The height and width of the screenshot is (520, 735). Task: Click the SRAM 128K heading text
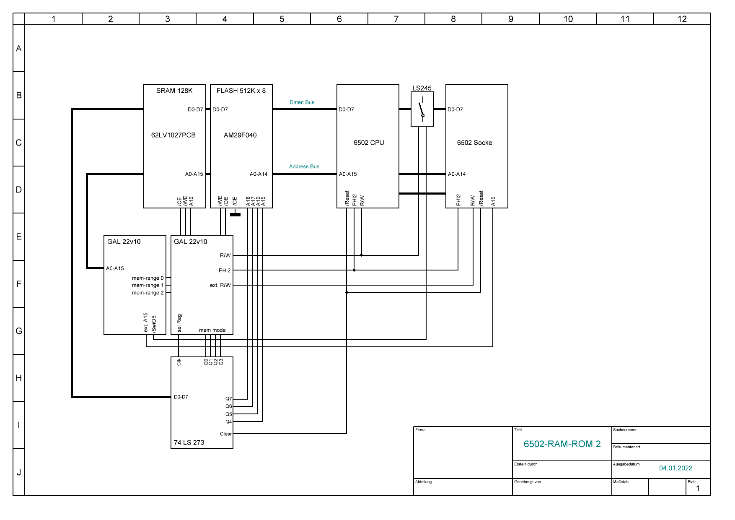(x=174, y=91)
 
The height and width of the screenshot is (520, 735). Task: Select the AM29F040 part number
(x=240, y=135)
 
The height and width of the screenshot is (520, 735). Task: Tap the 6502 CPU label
(x=369, y=143)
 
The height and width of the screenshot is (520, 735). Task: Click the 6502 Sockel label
(x=475, y=143)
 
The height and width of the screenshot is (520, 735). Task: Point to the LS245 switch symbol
(x=422, y=109)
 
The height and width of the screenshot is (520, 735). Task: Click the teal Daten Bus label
(x=302, y=102)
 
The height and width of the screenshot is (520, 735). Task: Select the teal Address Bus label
(x=304, y=166)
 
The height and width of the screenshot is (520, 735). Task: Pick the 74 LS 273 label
(x=189, y=442)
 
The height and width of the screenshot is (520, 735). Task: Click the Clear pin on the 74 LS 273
(x=226, y=434)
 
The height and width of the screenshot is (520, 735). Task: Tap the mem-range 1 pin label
(x=148, y=285)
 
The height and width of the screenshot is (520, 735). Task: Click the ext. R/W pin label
(x=220, y=285)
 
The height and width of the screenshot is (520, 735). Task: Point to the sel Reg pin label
(x=179, y=323)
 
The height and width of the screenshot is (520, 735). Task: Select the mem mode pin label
(x=212, y=330)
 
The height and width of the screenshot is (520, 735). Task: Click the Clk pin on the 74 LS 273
(x=179, y=362)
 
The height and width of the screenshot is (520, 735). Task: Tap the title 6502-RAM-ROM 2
(x=562, y=444)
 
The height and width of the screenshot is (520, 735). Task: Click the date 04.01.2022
(x=675, y=468)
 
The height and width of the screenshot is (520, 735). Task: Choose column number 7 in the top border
(x=396, y=19)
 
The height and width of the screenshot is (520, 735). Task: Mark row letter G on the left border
(x=19, y=331)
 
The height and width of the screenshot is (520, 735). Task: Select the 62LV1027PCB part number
(x=173, y=135)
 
